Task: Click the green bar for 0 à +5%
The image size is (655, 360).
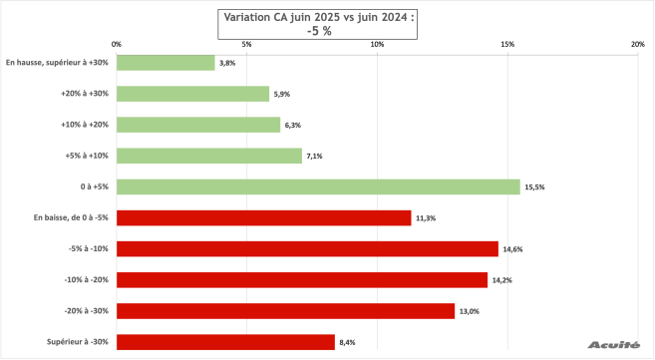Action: point(318,186)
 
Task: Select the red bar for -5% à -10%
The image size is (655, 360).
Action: point(307,248)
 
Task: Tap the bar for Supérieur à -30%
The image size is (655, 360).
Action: point(225,342)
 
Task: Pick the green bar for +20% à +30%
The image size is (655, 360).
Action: point(193,94)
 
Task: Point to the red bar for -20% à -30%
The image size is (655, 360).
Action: point(285,311)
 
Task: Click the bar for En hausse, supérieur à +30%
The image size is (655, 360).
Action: point(165,62)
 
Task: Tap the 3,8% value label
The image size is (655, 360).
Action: point(227,63)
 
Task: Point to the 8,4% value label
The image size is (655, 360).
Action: point(347,343)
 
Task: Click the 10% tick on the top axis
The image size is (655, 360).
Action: point(377,44)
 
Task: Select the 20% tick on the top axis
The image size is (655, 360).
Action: point(638,44)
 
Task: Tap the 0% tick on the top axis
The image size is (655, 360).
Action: point(117,44)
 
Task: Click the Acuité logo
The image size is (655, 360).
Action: point(615,344)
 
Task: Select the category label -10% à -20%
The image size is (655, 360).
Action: point(87,280)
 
